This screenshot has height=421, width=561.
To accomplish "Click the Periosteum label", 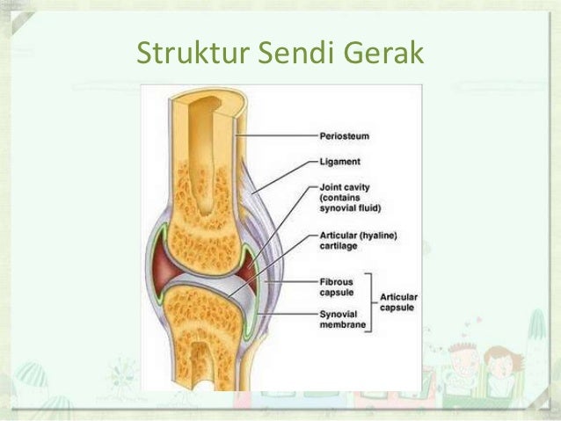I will tap(343, 136).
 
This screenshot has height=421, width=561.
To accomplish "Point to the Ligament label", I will tap(339, 163).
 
